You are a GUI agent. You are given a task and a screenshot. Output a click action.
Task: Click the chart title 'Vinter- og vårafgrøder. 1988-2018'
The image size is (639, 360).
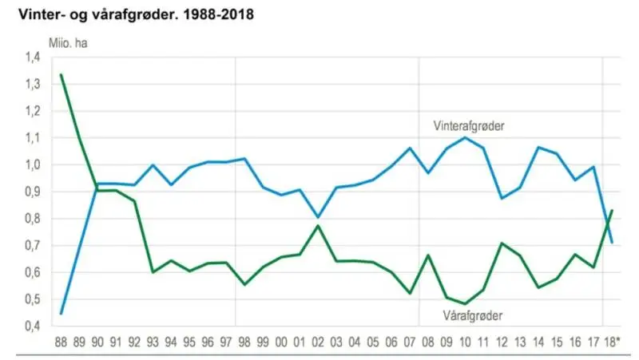136,14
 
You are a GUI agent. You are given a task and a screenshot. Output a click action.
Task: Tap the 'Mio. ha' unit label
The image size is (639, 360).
68,43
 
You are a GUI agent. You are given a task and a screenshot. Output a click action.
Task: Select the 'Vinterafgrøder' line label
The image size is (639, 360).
469,126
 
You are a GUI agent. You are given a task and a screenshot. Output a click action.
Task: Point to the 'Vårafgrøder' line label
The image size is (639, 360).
473,315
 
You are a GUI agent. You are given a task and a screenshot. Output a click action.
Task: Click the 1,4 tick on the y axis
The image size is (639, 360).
33,57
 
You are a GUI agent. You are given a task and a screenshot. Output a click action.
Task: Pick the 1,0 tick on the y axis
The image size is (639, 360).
33,165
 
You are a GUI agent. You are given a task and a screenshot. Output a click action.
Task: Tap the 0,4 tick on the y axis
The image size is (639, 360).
33,326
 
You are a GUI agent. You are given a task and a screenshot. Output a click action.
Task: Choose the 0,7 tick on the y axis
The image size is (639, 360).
33,246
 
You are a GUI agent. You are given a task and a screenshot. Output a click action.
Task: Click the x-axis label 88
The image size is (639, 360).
61,342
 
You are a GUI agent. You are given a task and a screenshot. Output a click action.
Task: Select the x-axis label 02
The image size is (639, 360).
318,342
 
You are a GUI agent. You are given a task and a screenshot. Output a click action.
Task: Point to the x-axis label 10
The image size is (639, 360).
465,342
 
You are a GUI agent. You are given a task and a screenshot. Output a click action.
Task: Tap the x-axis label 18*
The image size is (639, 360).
612,342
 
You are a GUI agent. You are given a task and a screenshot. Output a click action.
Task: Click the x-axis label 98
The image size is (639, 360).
244,342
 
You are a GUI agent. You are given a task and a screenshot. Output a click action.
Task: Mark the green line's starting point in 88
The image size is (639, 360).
61,74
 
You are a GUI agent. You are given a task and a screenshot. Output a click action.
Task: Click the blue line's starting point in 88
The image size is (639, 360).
61,314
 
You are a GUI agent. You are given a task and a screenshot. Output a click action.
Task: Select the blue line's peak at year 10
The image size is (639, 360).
465,137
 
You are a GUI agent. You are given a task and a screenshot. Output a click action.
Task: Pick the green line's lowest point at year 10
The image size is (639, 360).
465,304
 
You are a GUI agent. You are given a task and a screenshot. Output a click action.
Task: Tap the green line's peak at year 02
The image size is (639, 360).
318,226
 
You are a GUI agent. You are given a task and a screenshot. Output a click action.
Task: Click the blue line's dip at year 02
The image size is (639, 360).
318,217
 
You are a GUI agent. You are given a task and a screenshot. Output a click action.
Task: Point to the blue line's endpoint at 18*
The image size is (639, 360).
612,243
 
